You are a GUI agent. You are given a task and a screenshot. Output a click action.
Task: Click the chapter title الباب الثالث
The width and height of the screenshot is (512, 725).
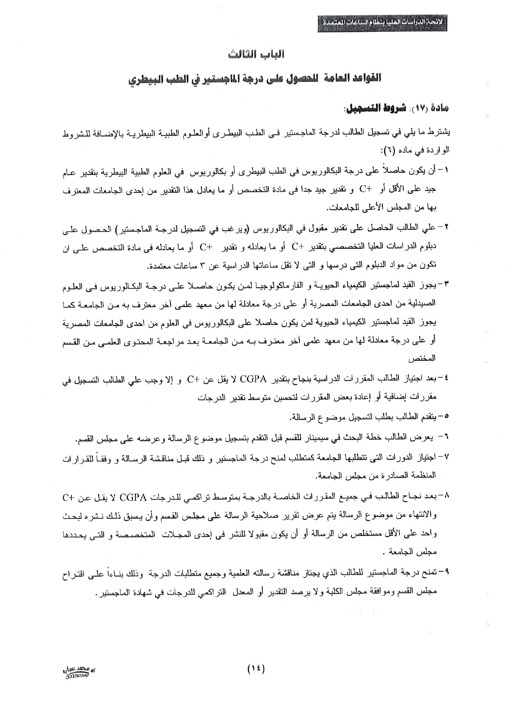(x=257, y=54)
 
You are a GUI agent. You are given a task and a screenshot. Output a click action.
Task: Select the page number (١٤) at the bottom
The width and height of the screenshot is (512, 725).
(x=256, y=668)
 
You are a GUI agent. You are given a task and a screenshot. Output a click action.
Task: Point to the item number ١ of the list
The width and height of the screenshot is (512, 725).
(x=446, y=171)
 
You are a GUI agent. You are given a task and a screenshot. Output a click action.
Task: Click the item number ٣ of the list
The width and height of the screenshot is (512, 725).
(x=446, y=285)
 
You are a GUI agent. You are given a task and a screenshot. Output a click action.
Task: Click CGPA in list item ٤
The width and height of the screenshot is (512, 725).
(x=253, y=379)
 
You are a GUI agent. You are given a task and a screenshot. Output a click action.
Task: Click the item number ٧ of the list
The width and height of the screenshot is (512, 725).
(x=446, y=457)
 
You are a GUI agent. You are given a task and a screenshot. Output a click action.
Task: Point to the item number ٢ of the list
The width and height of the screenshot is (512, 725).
(x=446, y=228)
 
